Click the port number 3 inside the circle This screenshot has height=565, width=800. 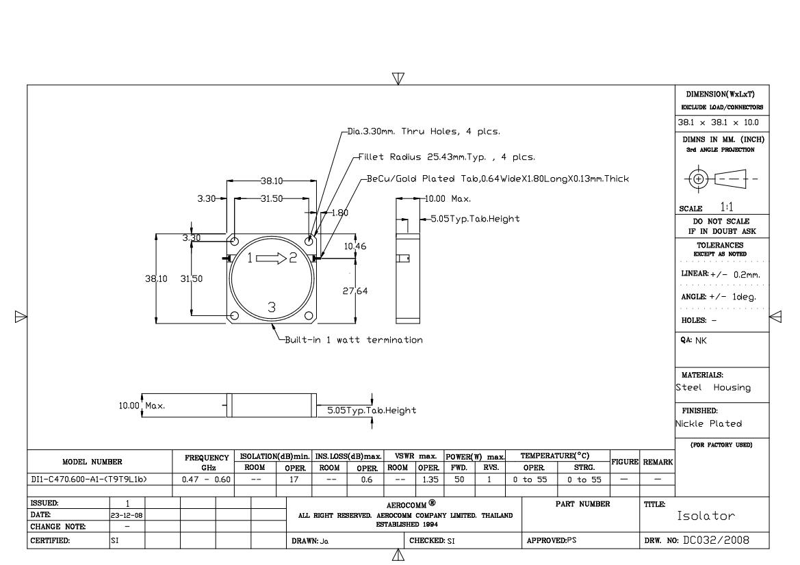(x=272, y=307)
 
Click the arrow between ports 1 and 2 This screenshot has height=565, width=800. (x=272, y=258)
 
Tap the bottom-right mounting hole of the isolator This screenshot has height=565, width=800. (x=309, y=316)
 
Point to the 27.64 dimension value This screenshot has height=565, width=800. (x=355, y=291)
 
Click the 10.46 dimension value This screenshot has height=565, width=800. (x=354, y=246)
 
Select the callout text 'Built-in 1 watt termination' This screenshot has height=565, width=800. (x=354, y=339)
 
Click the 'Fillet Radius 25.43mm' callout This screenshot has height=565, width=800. (x=447, y=157)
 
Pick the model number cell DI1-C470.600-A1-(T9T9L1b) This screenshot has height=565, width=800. (x=89, y=479)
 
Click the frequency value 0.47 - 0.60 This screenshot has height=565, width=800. (x=206, y=479)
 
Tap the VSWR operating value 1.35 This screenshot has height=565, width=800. (x=430, y=479)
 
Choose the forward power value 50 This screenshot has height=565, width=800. (x=459, y=479)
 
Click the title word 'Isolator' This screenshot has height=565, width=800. (x=706, y=516)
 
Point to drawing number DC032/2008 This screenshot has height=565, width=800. (x=716, y=540)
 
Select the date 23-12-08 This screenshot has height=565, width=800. (x=127, y=516)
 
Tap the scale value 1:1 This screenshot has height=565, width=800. (x=727, y=207)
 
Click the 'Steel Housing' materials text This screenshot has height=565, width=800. (x=713, y=388)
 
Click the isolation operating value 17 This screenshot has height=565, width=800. (x=294, y=479)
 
